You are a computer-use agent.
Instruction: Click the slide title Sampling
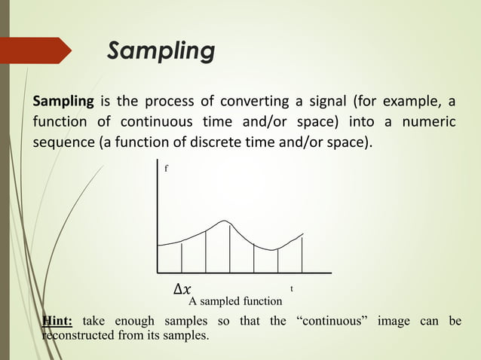[x=161, y=51]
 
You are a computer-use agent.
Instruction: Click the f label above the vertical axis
[x=167, y=170]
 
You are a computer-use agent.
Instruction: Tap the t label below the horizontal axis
[x=292, y=288]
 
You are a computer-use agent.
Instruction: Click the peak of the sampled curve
[x=225, y=221]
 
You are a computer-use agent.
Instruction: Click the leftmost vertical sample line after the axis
[x=182, y=256]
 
